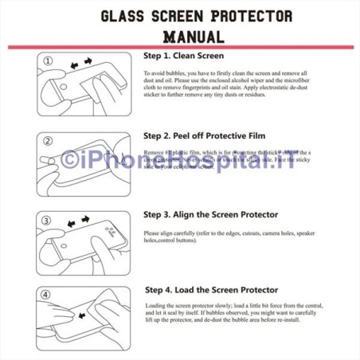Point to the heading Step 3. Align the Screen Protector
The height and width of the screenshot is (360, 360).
210,214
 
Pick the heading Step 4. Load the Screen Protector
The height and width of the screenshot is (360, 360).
211,290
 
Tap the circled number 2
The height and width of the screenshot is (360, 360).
49,141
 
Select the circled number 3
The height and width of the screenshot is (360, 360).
49,219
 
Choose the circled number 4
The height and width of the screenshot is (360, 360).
49,295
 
